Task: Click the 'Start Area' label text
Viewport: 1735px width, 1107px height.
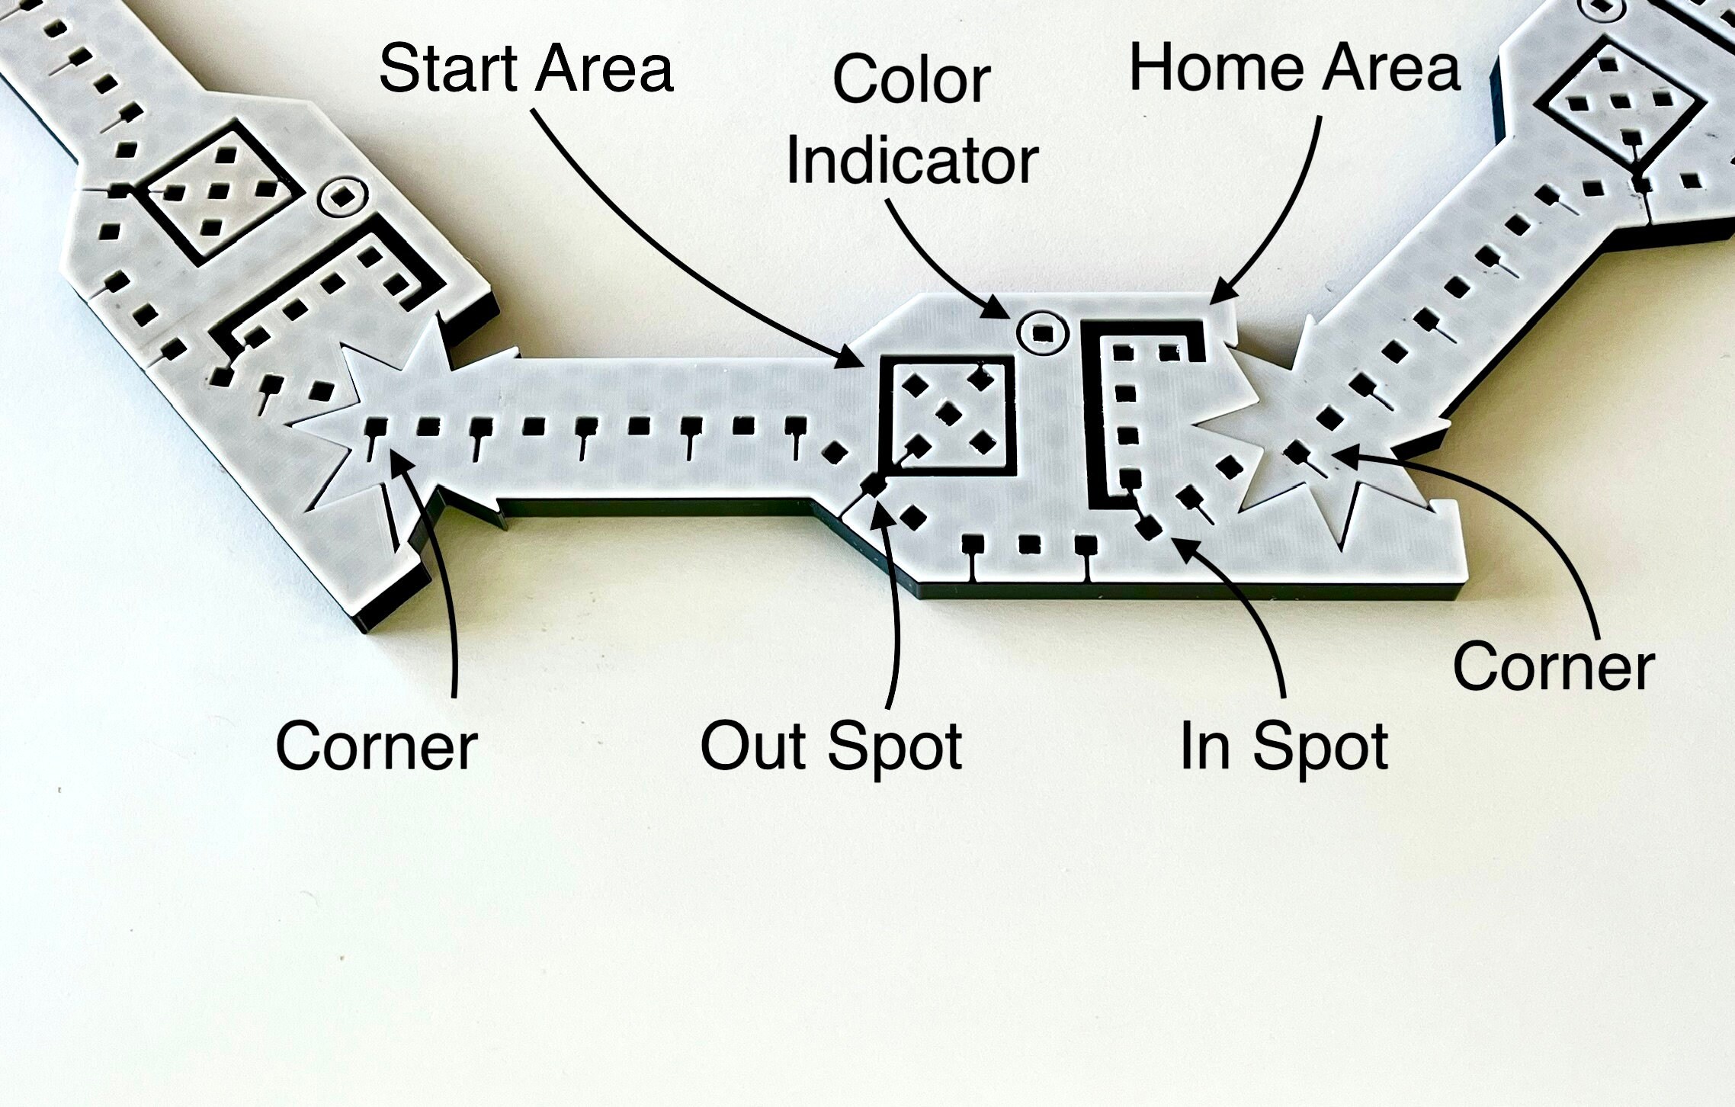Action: [526, 69]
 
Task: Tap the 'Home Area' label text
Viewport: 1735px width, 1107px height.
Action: [1294, 67]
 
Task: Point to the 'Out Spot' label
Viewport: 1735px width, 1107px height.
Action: [831, 749]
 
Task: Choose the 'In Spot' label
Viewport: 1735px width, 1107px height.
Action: [1284, 749]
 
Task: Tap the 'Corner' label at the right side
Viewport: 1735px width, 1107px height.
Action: [1554, 666]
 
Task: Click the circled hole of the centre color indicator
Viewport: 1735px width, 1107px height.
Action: [1043, 334]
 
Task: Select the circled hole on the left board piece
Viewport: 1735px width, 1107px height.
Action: [343, 197]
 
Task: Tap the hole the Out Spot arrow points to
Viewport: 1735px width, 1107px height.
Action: [874, 484]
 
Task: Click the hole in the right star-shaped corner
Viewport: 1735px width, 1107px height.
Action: [1296, 452]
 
